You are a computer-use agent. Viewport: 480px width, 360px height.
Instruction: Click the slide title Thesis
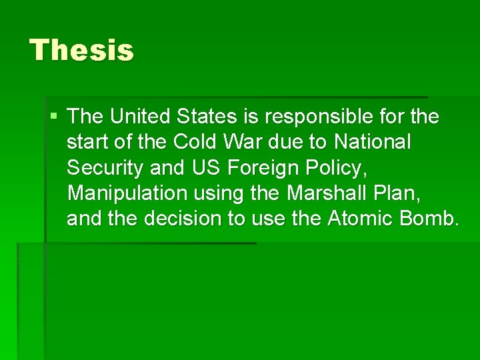[x=81, y=51]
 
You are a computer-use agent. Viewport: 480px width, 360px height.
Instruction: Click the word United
[x=141, y=117]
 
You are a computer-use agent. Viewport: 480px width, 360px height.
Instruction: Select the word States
[x=207, y=117]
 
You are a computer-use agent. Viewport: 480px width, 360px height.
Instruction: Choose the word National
[x=373, y=142]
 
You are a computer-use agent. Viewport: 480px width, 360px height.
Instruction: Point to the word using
[x=220, y=194]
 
